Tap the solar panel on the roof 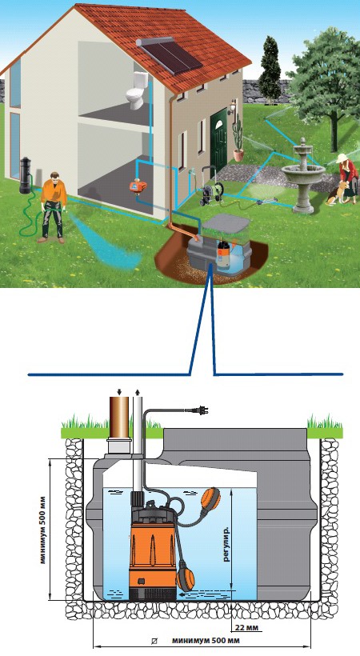[170, 58]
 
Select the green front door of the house [219, 138]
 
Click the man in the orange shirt [53, 207]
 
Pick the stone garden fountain [302, 176]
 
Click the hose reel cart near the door [209, 186]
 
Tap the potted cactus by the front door [238, 139]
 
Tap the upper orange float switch [211, 498]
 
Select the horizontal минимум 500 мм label [206, 641]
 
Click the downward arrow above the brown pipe [119, 392]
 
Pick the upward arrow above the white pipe [138, 392]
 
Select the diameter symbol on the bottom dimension [155, 641]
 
